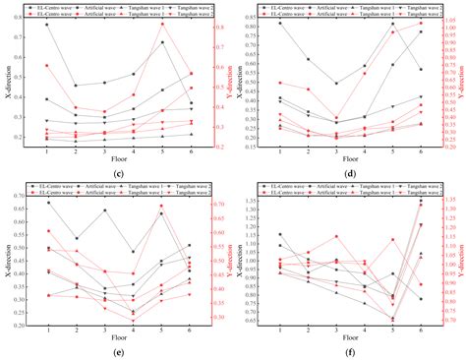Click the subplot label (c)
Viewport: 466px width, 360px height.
pyautogui.click(x=117, y=175)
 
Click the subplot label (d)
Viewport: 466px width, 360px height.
pyautogui.click(x=349, y=175)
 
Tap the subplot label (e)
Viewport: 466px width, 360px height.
pyautogui.click(x=117, y=351)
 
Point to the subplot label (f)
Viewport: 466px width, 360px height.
pyautogui.click(x=349, y=351)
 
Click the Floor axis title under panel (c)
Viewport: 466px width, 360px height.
pyautogui.click(x=117, y=162)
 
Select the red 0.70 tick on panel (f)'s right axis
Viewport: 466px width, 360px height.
pyautogui.click(x=445, y=320)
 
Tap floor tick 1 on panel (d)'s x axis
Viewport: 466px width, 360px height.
pyautogui.click(x=279, y=154)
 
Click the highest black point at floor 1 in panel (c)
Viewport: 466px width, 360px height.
pyautogui.click(x=46, y=25)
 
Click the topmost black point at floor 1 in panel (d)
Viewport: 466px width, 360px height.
pyautogui.click(x=279, y=23)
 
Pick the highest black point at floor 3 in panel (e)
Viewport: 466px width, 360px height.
pyautogui.click(x=104, y=210)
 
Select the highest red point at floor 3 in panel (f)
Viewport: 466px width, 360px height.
pyautogui.click(x=336, y=236)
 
